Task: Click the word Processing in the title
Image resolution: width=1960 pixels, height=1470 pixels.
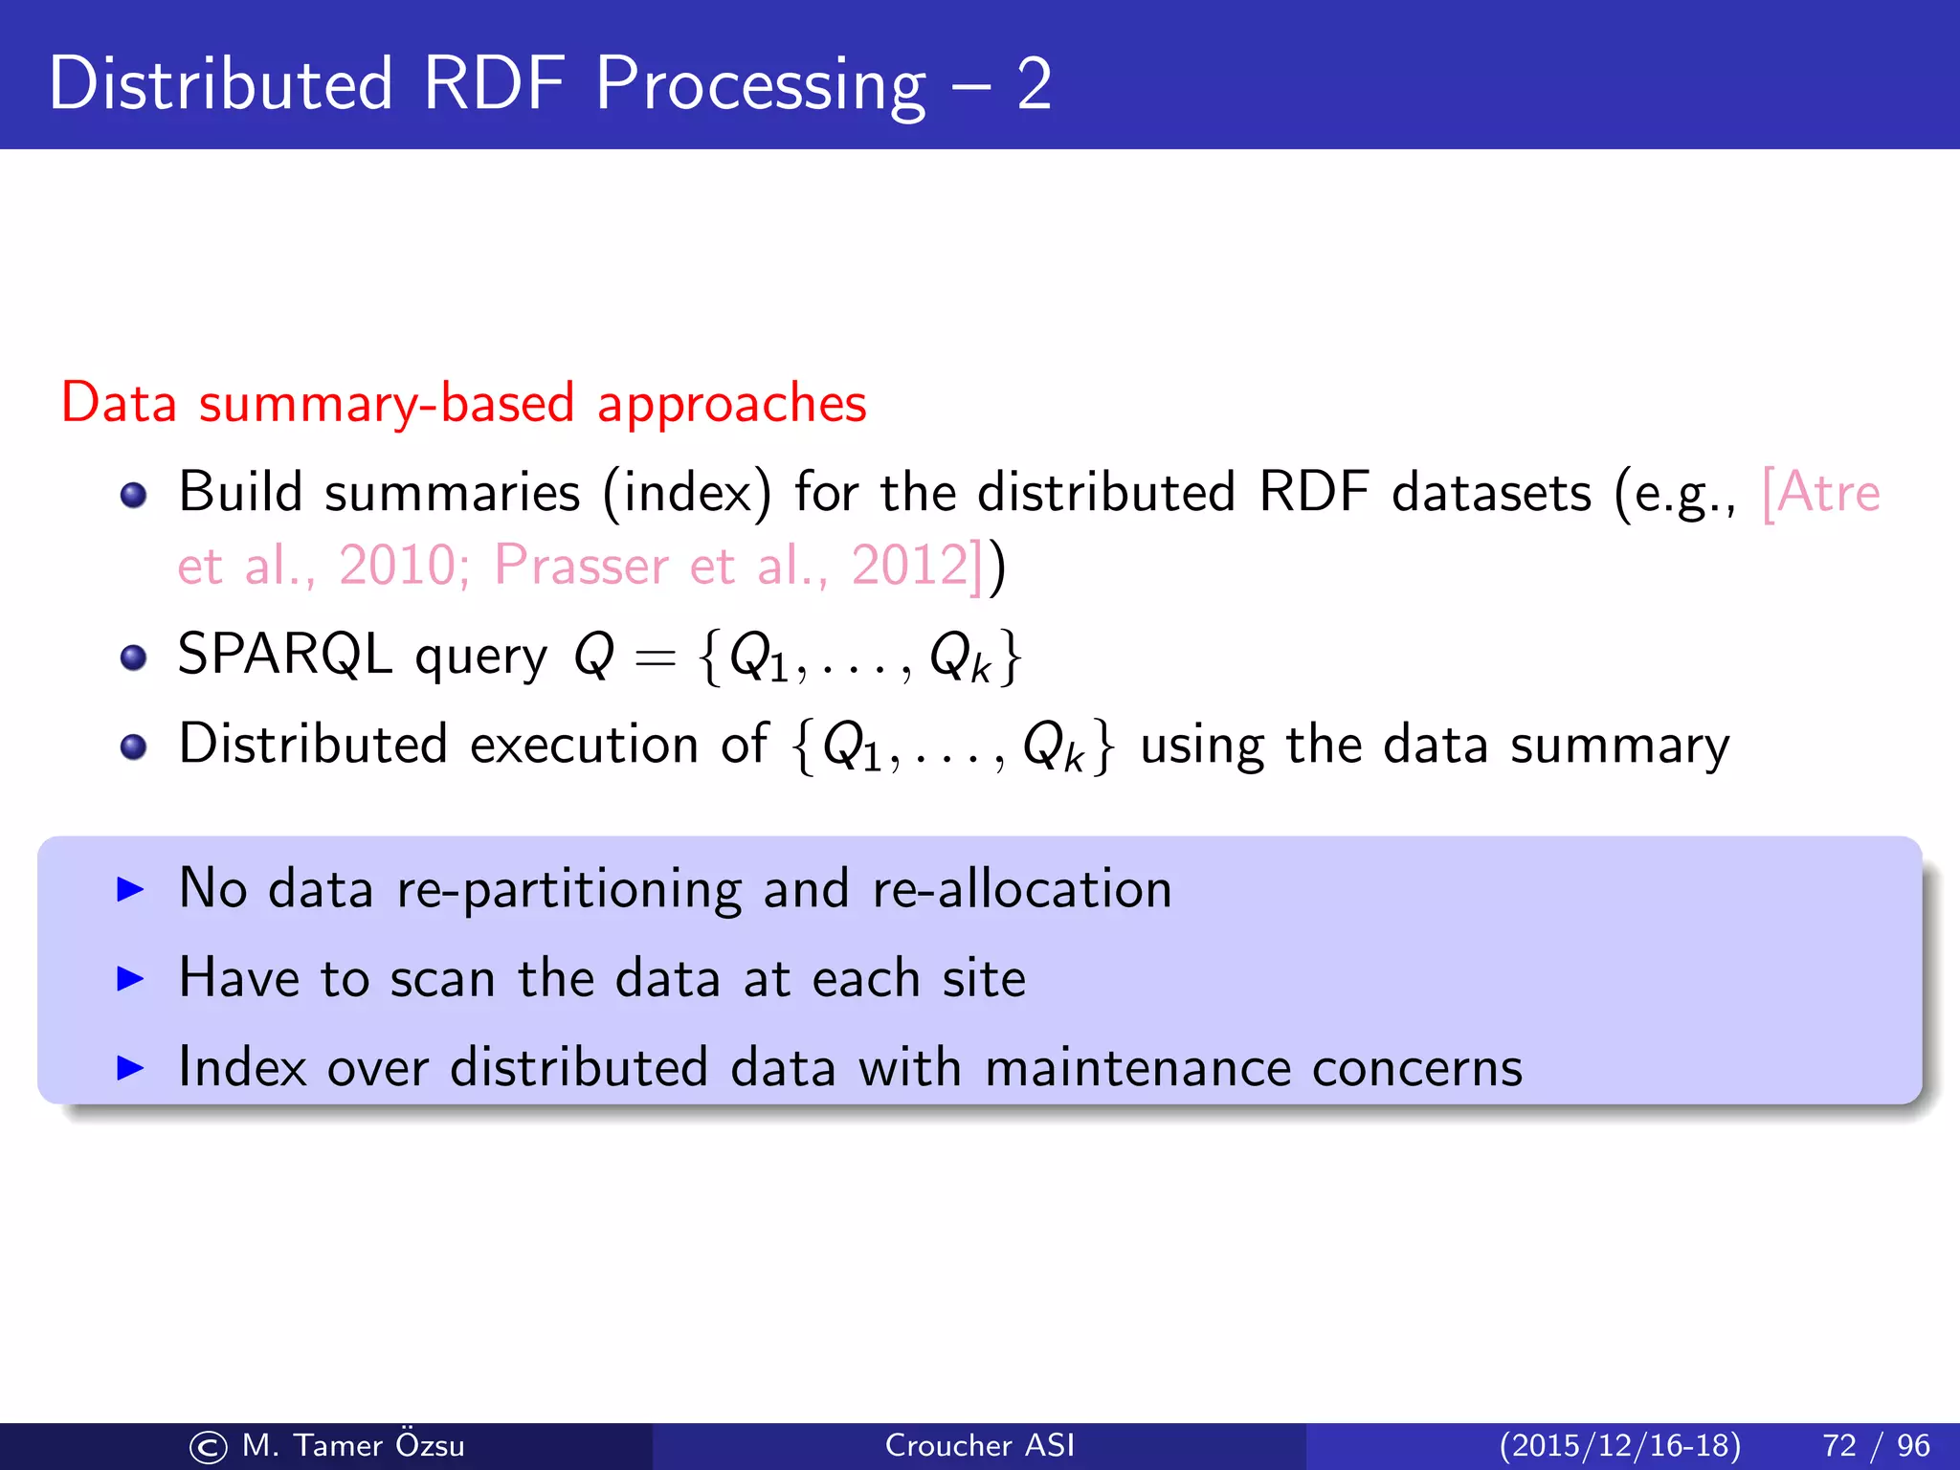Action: pyautogui.click(x=761, y=86)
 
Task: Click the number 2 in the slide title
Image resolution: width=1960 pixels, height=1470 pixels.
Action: pyautogui.click(x=1034, y=86)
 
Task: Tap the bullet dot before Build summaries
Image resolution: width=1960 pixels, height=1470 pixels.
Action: pyautogui.click(x=134, y=496)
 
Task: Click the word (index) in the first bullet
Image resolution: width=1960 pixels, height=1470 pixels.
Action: pyautogui.click(x=686, y=494)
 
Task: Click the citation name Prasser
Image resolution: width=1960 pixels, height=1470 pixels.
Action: pyautogui.click(x=581, y=565)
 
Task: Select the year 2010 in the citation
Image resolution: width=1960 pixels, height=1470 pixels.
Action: pyautogui.click(x=396, y=565)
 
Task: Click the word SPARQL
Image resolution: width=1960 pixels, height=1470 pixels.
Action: pyautogui.click(x=285, y=656)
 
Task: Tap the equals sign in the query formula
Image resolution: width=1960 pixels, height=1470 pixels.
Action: pyautogui.click(x=656, y=658)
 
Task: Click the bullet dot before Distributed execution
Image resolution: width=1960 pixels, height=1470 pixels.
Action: pyautogui.click(x=134, y=747)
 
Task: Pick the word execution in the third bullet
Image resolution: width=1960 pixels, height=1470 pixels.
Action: pyautogui.click(x=585, y=745)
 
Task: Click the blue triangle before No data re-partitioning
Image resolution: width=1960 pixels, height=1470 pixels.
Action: pyautogui.click(x=129, y=889)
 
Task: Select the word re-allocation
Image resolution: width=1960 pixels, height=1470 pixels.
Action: pyautogui.click(x=1022, y=889)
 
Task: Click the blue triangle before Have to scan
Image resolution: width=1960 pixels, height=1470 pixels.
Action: pyautogui.click(x=129, y=978)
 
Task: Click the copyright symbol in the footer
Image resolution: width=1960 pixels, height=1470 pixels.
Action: pyautogui.click(x=209, y=1447)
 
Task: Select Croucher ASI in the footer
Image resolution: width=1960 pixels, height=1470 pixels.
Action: pyautogui.click(x=980, y=1445)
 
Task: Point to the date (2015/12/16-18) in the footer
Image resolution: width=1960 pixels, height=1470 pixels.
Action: pyautogui.click(x=1620, y=1445)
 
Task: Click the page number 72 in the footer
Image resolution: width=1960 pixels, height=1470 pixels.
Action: pyautogui.click(x=1839, y=1445)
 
